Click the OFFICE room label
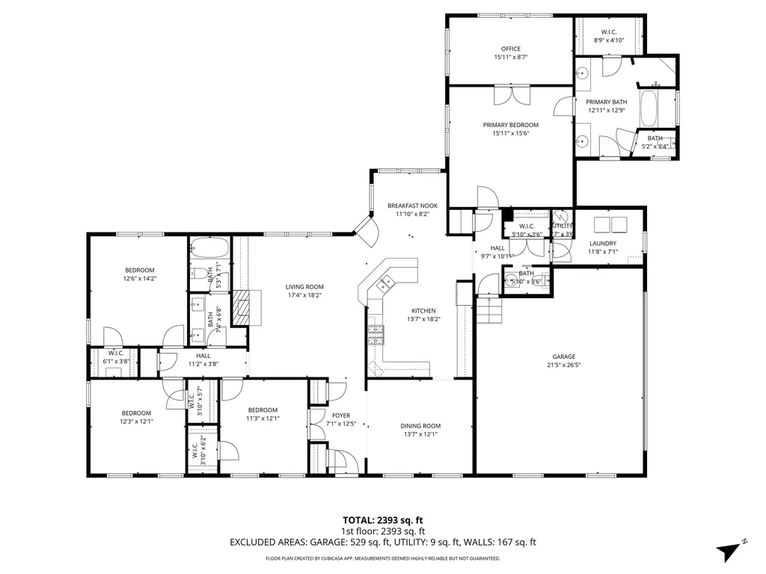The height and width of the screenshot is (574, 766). pyautogui.click(x=511, y=49)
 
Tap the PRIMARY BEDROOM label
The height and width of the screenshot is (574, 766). pyautogui.click(x=510, y=125)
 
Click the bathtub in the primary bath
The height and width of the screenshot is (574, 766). pyautogui.click(x=650, y=110)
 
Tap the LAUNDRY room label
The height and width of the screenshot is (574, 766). pyautogui.click(x=602, y=243)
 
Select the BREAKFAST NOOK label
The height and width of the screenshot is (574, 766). pyautogui.click(x=412, y=206)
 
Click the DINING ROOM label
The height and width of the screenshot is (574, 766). pyautogui.click(x=420, y=425)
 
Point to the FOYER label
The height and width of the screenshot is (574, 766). pyautogui.click(x=340, y=416)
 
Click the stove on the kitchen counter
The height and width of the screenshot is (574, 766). pyautogui.click(x=375, y=334)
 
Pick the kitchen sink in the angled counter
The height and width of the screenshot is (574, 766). pyautogui.click(x=387, y=283)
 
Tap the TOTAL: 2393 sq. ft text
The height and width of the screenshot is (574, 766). pyautogui.click(x=382, y=519)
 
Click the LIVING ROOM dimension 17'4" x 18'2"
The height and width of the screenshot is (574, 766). pyautogui.click(x=304, y=294)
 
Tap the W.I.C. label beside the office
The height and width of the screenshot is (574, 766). pyautogui.click(x=608, y=31)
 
